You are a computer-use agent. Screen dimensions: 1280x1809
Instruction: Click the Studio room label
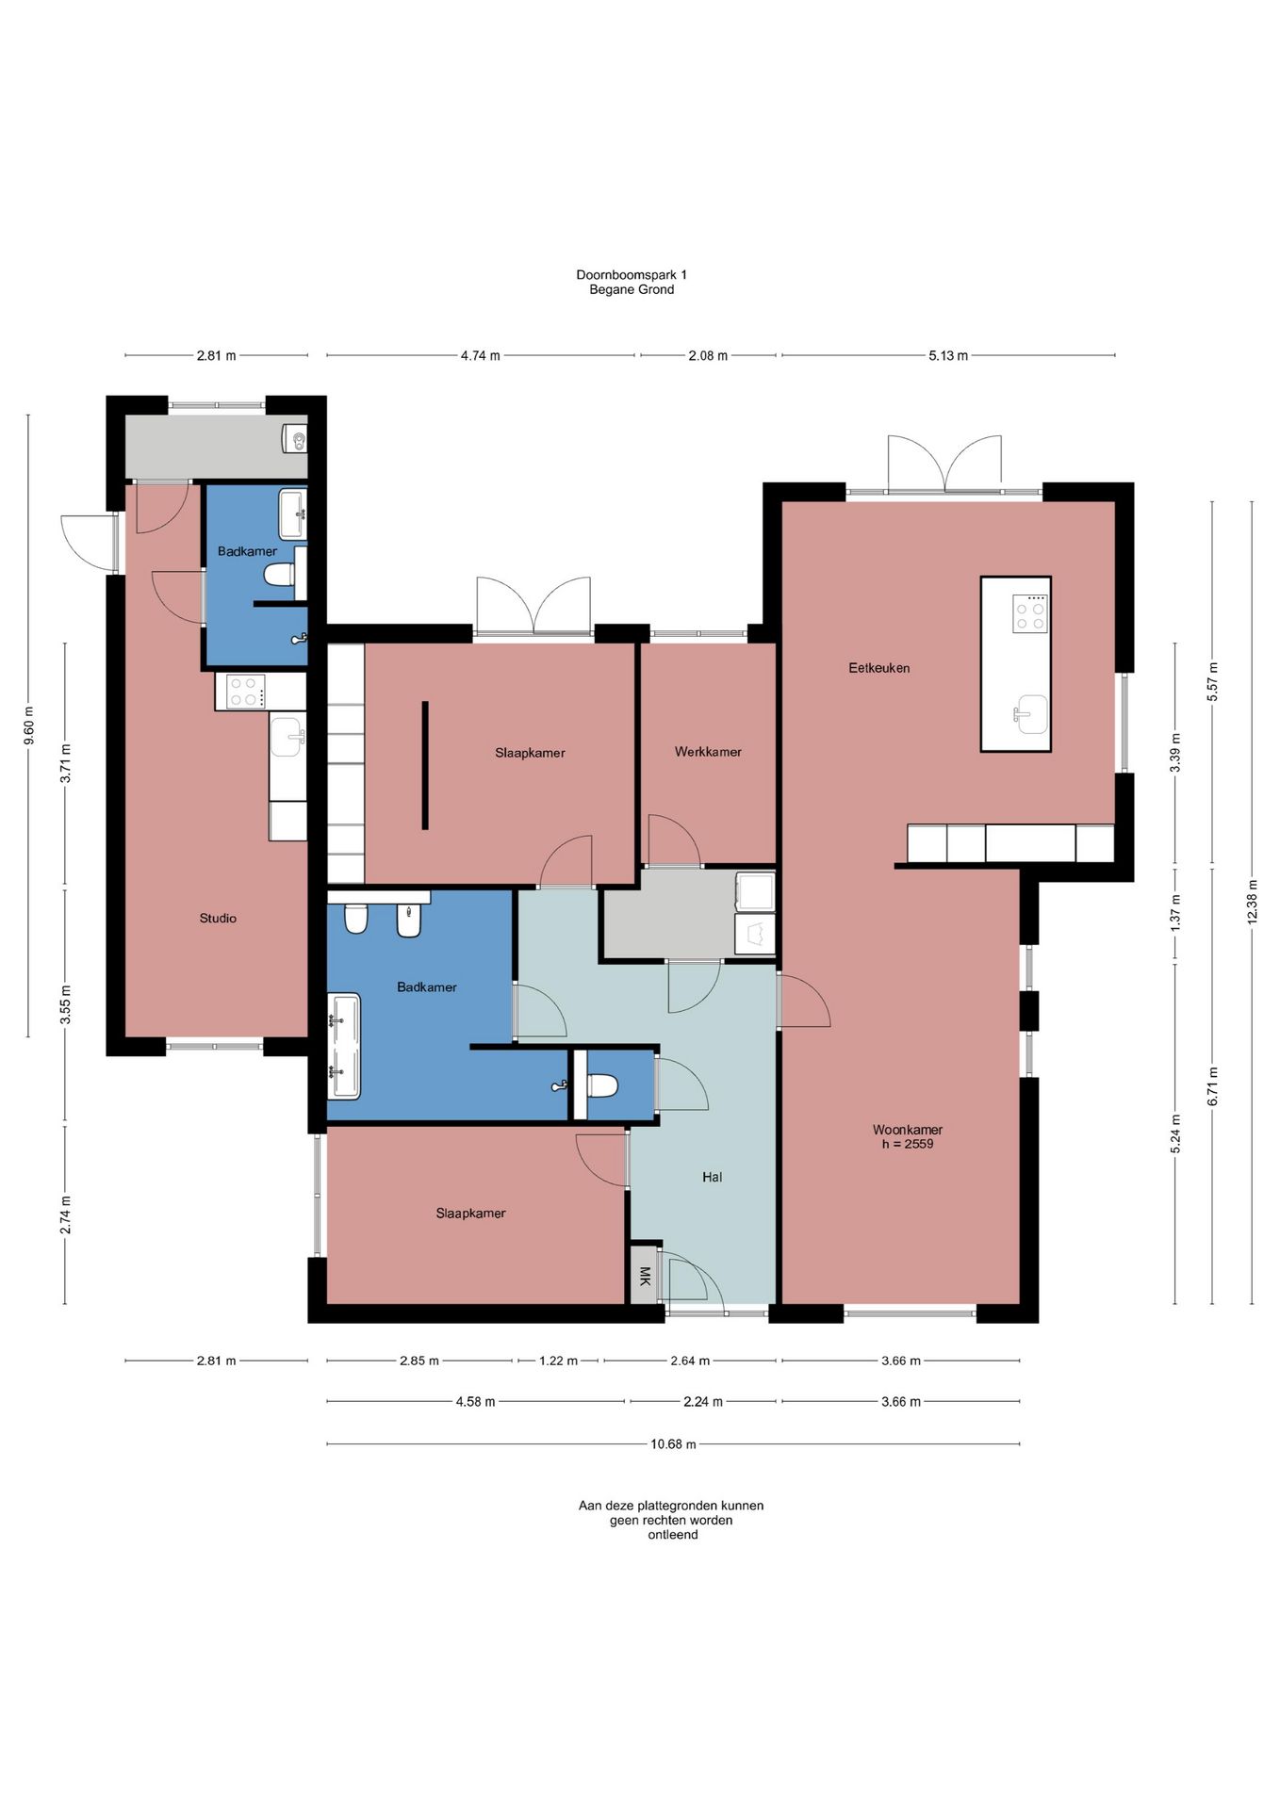tap(218, 918)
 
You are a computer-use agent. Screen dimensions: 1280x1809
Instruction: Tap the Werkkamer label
tap(708, 752)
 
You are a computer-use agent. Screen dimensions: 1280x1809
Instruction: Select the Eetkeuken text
tap(879, 668)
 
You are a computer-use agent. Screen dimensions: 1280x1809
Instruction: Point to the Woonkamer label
tap(908, 1129)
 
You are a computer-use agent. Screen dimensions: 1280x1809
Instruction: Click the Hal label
tap(713, 1177)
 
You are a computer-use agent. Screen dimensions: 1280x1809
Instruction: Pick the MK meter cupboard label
tap(645, 1277)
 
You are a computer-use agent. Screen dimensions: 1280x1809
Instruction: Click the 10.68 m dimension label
tap(673, 1444)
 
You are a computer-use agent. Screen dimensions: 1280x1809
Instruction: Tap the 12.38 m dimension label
tap(1253, 902)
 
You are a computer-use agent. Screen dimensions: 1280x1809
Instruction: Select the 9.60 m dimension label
tap(28, 725)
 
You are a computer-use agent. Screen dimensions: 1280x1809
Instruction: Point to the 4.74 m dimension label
tap(480, 356)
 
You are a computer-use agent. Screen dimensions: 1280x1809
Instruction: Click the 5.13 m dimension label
tap(948, 356)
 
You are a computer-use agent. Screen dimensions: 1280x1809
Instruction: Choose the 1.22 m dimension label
tap(558, 1361)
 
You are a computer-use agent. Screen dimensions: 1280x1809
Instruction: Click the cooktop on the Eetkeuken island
tap(1030, 613)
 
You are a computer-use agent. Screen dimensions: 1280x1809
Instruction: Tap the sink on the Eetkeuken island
tap(1030, 713)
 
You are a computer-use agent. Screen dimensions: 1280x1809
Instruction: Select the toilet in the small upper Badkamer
tap(280, 574)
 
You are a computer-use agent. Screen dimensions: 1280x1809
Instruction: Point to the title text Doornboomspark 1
tap(632, 274)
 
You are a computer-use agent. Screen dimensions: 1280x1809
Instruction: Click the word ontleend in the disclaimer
tap(673, 1535)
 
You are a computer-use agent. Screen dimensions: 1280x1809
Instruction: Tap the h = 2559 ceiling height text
tap(908, 1144)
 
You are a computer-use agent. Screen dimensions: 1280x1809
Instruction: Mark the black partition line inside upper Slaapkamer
tap(425, 765)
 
